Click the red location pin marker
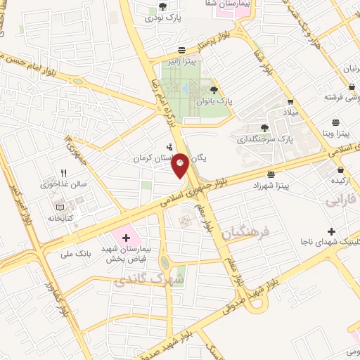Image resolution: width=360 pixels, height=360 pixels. [x=180, y=165]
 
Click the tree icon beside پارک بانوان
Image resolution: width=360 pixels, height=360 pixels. [x=214, y=89]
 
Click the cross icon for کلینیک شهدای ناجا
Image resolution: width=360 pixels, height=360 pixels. [x=331, y=231]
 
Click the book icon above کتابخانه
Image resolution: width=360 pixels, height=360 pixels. [x=60, y=207]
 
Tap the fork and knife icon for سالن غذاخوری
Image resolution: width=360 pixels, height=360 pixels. [x=63, y=173]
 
